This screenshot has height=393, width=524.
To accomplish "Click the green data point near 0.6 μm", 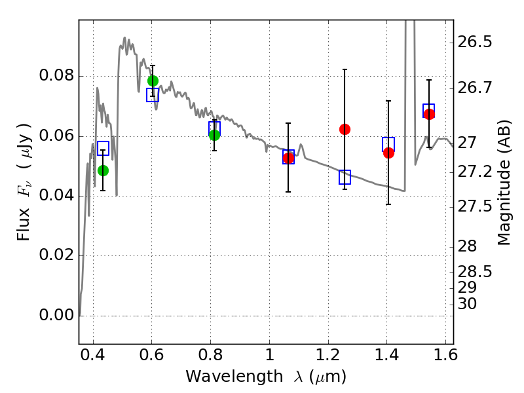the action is point(153,81).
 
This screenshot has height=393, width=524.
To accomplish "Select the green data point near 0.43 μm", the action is point(103,170).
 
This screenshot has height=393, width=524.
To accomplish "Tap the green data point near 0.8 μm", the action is point(215,135).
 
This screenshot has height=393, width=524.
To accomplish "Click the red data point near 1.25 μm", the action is point(345,129).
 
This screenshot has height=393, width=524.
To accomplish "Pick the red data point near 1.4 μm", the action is point(388,153).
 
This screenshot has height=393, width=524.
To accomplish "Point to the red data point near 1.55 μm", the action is point(429,114).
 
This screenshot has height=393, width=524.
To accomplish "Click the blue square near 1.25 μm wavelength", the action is point(345,177).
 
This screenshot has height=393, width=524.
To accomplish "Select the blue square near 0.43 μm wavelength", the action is point(103,148).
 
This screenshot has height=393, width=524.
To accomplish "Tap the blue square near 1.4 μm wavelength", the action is point(388,144).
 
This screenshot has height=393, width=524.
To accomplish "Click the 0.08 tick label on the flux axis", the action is point(56,75).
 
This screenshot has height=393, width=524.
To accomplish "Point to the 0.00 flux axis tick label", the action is point(56,315).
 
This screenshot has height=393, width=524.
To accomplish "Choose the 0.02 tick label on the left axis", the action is point(56,255).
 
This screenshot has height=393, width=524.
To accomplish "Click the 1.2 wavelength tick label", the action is point(328,355).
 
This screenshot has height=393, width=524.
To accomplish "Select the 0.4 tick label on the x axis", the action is point(93,355).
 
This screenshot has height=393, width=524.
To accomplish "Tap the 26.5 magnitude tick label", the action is point(474,43).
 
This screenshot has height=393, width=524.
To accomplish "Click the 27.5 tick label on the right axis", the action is point(474,206).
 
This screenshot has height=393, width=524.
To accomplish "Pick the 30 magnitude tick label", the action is point(467,304).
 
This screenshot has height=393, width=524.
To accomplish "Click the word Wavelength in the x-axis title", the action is point(234,377).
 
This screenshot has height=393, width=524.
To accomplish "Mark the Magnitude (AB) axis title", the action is point(504,182).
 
